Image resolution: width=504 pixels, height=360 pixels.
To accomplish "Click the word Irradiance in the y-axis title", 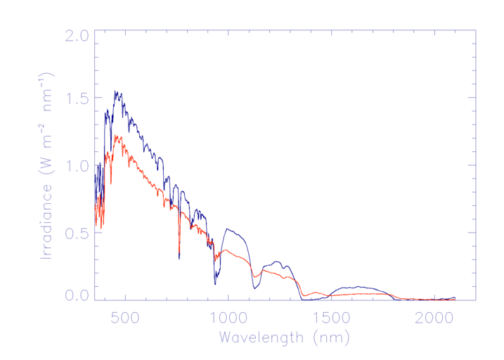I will (x=48, y=221).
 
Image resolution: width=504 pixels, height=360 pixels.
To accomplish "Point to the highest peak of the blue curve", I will (x=115, y=91).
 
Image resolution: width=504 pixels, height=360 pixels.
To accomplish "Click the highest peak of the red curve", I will (x=115, y=136).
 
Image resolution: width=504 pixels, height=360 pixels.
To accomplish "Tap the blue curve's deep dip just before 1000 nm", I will (x=215, y=283).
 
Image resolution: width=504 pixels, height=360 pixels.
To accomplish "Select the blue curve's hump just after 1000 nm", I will (x=227, y=229).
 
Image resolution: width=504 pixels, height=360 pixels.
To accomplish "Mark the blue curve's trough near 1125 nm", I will (x=254, y=288).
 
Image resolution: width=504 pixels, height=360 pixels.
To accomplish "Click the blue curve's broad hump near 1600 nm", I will (x=358, y=287).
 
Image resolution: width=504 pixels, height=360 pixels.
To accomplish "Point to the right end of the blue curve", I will (x=455, y=297).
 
